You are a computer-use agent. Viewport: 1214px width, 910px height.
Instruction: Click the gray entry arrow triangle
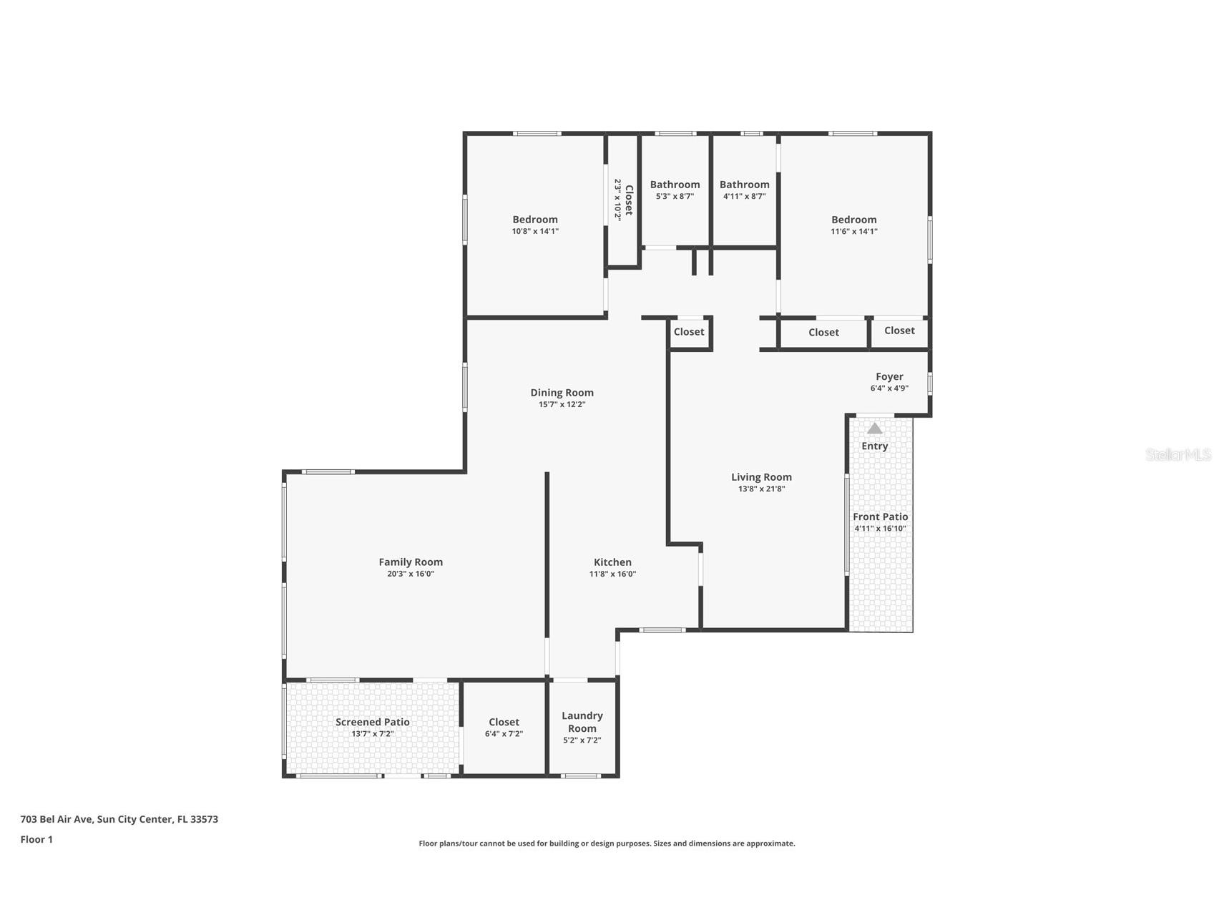click(874, 428)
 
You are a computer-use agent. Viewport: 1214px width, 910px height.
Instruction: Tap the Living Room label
click(761, 477)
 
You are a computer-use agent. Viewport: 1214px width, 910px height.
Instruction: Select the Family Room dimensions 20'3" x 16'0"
click(411, 574)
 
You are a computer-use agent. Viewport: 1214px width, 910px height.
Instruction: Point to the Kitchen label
click(612, 562)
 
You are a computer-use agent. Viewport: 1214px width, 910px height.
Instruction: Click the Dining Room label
click(562, 393)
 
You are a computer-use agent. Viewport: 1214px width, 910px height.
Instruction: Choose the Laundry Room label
click(582, 722)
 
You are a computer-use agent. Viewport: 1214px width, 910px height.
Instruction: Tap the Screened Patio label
click(372, 722)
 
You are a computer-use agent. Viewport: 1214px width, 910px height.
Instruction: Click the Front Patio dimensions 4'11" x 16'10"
click(880, 529)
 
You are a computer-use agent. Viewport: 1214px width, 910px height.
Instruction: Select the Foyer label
click(889, 377)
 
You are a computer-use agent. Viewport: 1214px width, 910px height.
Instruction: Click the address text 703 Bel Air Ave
click(57, 819)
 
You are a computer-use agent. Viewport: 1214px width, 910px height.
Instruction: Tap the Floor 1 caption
click(36, 840)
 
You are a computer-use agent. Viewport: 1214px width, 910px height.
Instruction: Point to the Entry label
click(874, 446)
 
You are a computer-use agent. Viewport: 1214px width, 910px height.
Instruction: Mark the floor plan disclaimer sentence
click(607, 843)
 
